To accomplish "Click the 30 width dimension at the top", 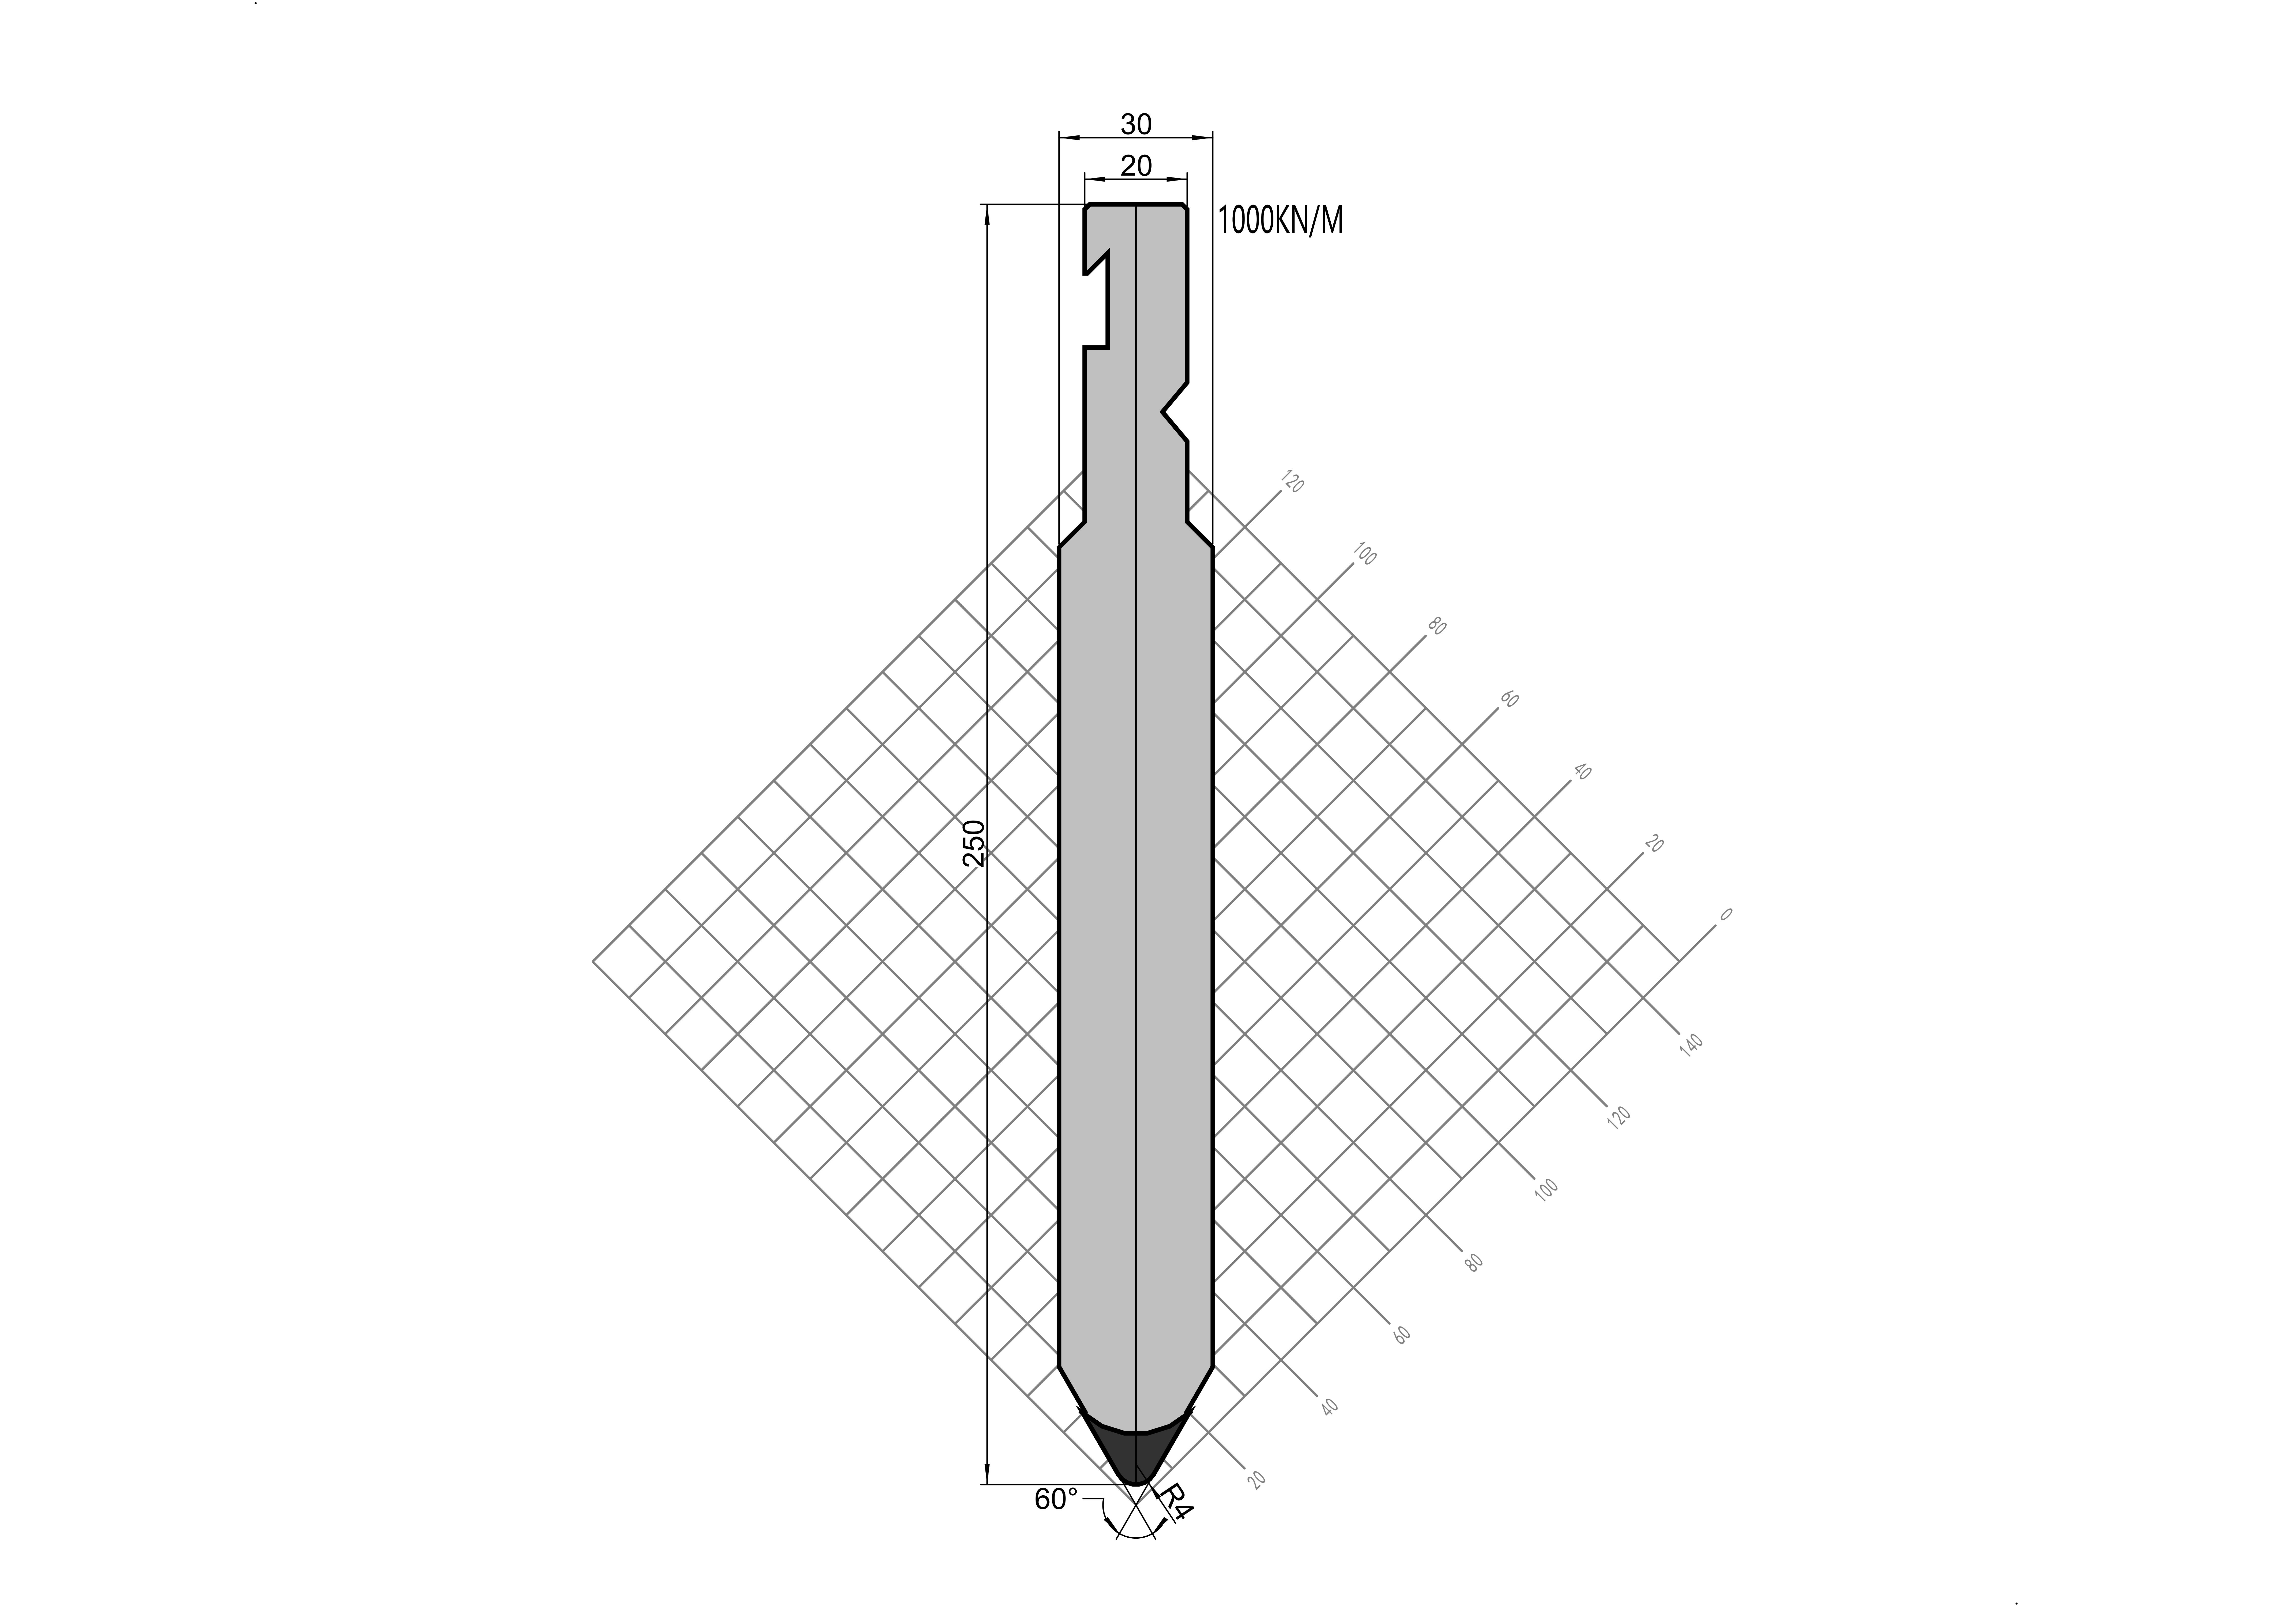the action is pyautogui.click(x=1136, y=124).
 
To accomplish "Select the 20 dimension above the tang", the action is pyautogui.click(x=1136, y=165).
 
